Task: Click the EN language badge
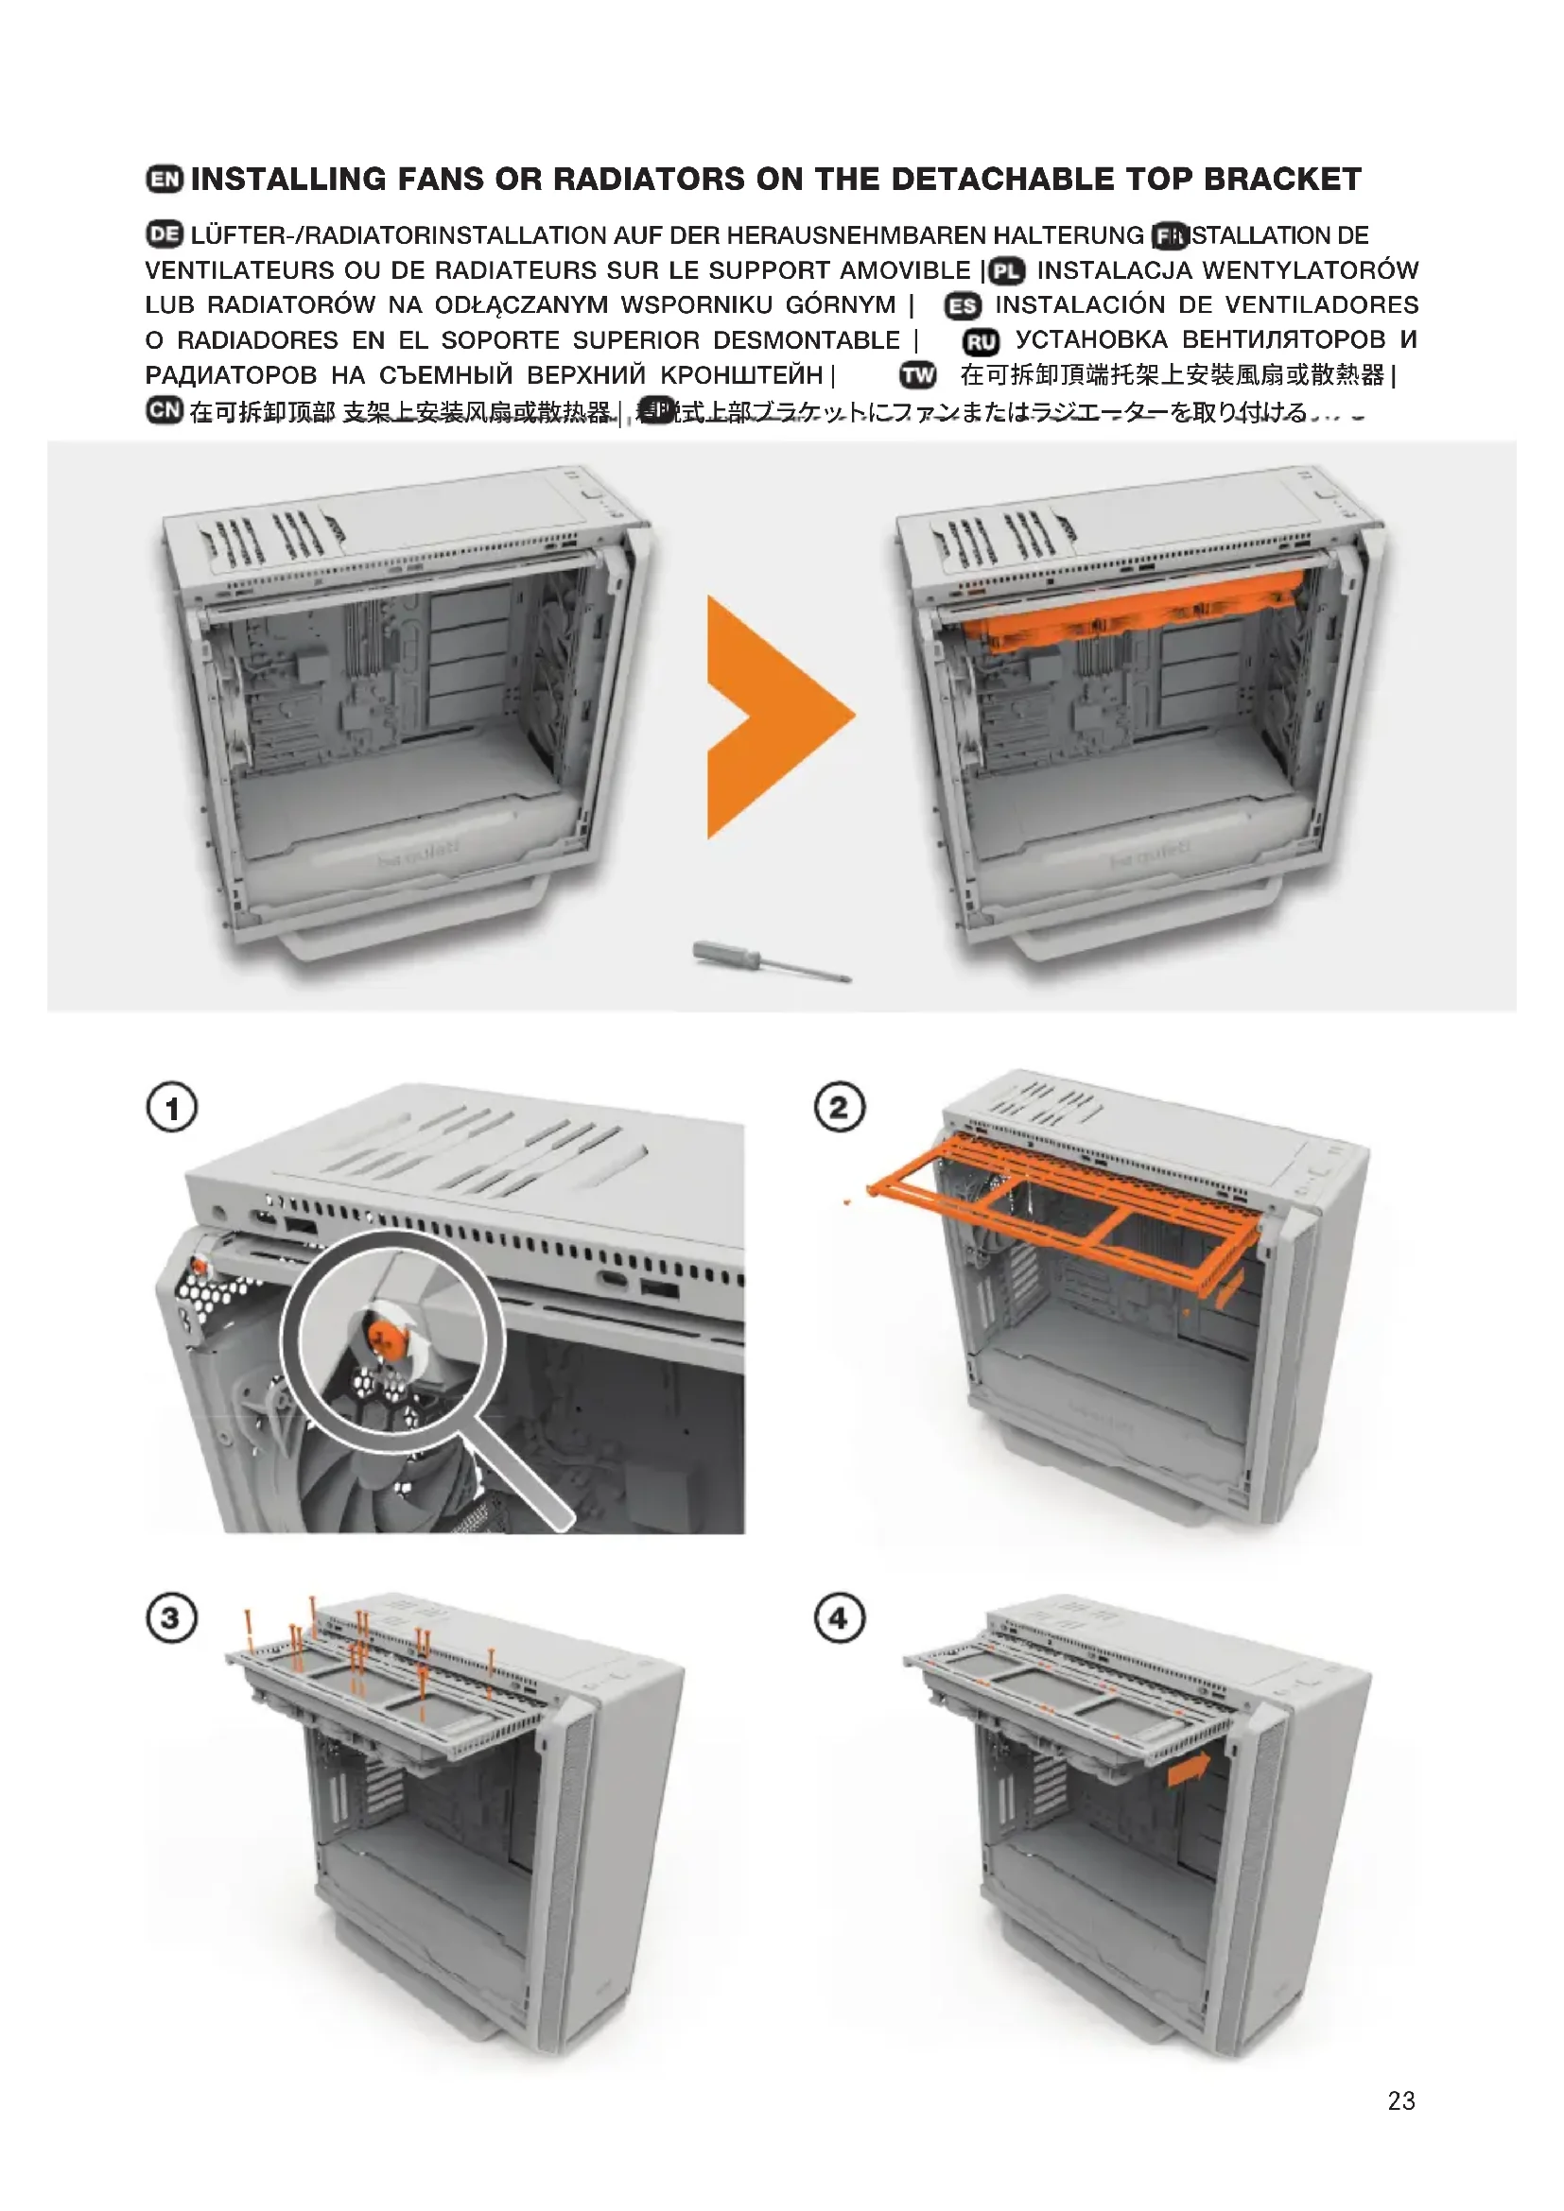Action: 165,179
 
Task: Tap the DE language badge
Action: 165,234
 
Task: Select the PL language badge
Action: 1006,271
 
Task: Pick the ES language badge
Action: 962,306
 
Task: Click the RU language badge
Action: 981,342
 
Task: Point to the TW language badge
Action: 918,375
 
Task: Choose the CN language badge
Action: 165,410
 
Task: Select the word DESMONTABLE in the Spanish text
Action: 806,341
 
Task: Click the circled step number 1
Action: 171,1108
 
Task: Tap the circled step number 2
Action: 840,1108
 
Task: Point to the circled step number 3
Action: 171,1617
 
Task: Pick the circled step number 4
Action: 840,1617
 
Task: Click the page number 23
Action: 1401,2101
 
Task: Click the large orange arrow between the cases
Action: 771,717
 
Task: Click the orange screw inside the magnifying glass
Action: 384,1335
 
